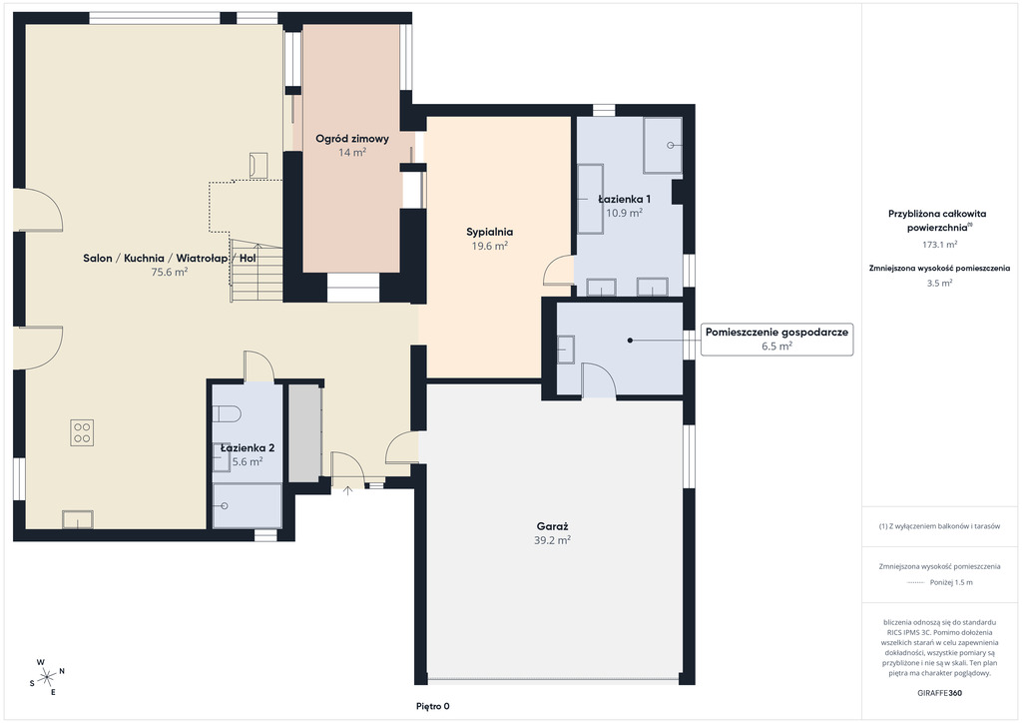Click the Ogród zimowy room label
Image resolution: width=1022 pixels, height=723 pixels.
[x=352, y=138]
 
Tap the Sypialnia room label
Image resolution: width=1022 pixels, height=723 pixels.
[x=489, y=232]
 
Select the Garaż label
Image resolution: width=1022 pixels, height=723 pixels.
[x=553, y=526]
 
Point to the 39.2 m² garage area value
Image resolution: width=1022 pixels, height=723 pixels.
[x=553, y=540]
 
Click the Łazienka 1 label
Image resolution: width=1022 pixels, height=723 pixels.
[x=625, y=199]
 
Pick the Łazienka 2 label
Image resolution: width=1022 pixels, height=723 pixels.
[x=248, y=448]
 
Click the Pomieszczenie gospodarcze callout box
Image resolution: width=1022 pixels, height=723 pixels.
[x=776, y=339]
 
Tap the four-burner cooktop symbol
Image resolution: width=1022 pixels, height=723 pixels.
[x=82, y=432]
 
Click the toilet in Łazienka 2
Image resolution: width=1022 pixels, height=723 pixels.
[x=228, y=413]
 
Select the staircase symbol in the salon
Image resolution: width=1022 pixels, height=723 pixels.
[x=256, y=272]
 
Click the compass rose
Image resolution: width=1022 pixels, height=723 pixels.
[x=47, y=677]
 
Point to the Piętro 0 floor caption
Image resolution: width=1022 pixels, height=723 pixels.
[x=433, y=706]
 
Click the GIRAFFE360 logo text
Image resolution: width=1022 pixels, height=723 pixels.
[x=939, y=693]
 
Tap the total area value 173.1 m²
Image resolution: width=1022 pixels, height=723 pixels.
[x=939, y=245]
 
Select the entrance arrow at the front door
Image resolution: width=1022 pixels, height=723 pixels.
[x=348, y=490]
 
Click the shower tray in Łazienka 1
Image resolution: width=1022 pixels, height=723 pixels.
[x=663, y=146]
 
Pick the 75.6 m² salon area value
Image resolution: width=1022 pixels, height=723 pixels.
[x=170, y=272]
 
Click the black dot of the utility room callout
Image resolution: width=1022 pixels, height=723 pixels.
[x=631, y=341]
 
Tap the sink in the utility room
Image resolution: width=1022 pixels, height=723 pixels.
[x=565, y=349]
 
